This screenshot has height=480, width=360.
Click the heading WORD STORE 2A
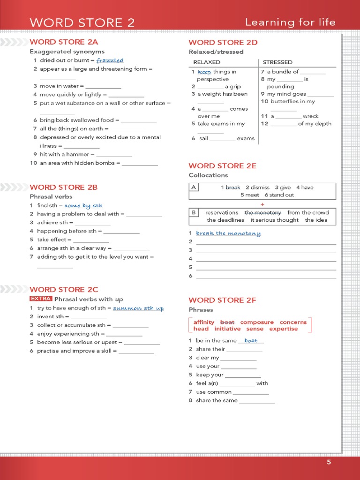click(x=64, y=42)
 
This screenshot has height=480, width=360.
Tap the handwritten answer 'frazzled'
click(x=110, y=60)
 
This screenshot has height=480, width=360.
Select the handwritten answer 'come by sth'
click(x=83, y=205)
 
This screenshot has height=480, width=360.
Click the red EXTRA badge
click(x=41, y=299)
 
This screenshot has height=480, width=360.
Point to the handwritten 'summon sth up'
click(x=138, y=308)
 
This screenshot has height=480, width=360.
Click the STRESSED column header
click(x=277, y=62)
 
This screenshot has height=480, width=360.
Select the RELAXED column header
click(x=207, y=62)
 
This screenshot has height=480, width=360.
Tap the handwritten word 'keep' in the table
click(x=204, y=72)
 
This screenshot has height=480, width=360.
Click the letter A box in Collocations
click(x=194, y=187)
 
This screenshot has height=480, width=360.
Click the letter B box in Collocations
click(x=194, y=212)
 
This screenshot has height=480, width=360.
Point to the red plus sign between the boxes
click(x=262, y=204)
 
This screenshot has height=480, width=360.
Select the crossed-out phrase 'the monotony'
click(x=262, y=212)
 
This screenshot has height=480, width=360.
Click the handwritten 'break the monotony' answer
click(x=228, y=233)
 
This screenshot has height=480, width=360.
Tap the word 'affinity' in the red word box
click(x=204, y=322)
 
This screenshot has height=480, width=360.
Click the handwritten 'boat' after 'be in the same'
click(x=251, y=341)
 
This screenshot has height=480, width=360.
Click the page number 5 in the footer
click(x=329, y=462)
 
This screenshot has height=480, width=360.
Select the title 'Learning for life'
click(x=290, y=22)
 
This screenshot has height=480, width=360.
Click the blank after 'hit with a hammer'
click(x=114, y=155)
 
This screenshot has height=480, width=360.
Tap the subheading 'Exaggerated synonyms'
click(x=67, y=52)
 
